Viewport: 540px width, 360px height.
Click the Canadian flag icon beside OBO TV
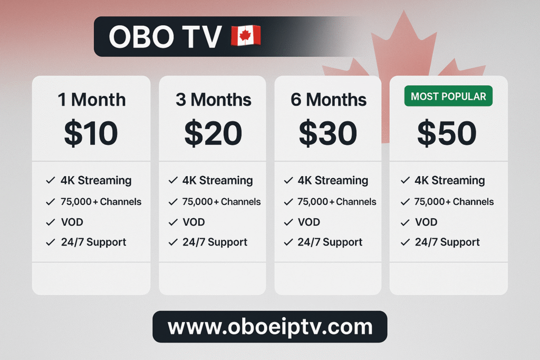246,35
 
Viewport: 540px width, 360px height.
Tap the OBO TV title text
165,36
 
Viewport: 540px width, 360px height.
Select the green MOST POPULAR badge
448,96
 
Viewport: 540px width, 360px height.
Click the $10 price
91,133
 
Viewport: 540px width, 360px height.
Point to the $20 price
213,133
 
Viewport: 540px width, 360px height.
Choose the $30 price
328,133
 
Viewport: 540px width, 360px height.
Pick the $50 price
447,133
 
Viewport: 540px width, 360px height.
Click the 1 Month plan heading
92,100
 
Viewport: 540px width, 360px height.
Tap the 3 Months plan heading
214,100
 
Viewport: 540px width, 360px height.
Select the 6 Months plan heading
329,100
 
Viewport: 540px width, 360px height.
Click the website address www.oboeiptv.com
270,327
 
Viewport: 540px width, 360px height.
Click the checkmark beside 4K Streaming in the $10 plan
51,180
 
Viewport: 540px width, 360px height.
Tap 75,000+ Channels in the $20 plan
221,202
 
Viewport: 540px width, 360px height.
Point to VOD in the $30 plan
309,222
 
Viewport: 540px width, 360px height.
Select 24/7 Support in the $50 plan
447,242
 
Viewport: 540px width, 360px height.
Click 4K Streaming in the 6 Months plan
333,181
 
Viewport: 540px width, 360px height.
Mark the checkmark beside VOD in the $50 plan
406,222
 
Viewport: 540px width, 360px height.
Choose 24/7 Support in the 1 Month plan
94,242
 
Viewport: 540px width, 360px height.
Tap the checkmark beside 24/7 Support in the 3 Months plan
173,242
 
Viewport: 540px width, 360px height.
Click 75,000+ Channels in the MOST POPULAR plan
454,202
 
